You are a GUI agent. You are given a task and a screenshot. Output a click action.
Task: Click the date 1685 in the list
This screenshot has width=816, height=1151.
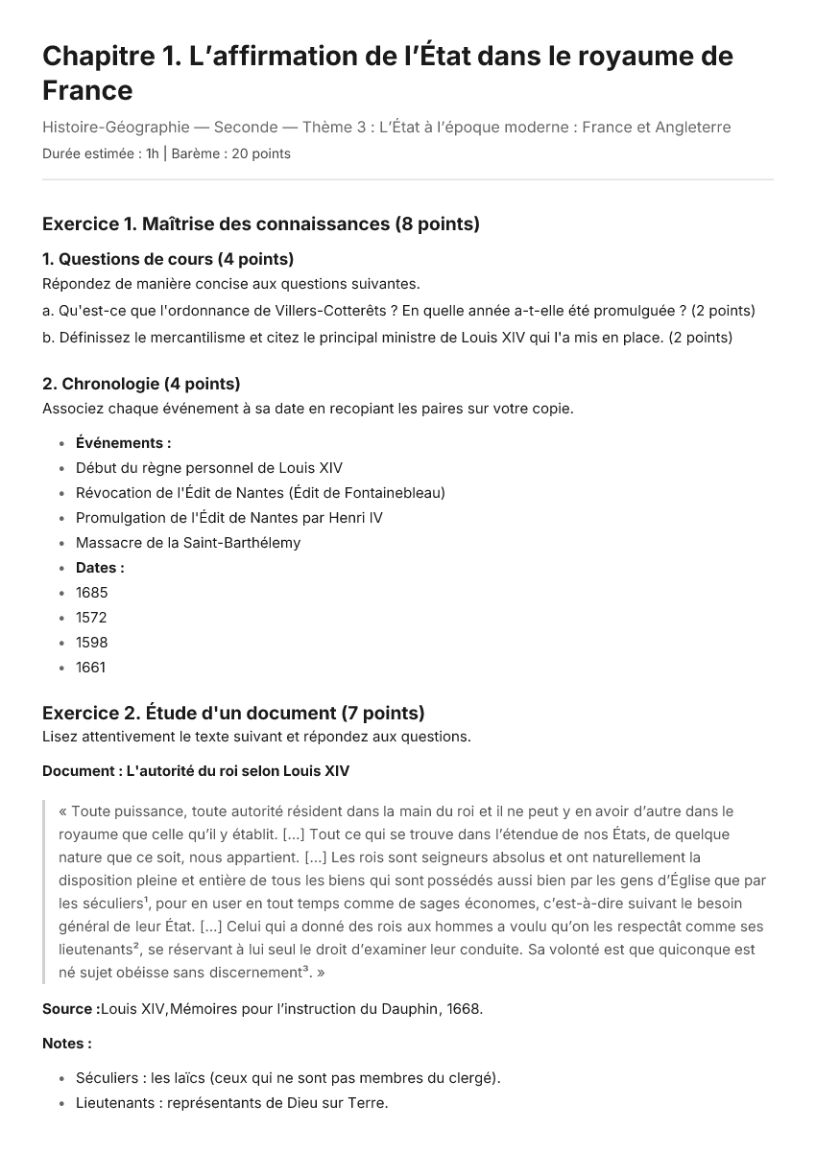[x=91, y=593]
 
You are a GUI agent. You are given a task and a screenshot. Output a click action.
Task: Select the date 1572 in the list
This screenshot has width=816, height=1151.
[x=91, y=618]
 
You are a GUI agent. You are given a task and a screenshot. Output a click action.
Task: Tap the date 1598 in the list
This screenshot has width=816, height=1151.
[x=91, y=643]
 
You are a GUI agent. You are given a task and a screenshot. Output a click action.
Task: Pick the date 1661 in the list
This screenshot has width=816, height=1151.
[x=90, y=668]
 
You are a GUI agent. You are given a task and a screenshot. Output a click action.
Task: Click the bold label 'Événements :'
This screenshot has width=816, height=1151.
[x=123, y=443]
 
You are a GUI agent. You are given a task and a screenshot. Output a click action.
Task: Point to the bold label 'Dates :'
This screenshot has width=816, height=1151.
[x=100, y=568]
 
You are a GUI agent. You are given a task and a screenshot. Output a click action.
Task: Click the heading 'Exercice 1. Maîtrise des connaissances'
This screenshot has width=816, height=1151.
[x=260, y=224]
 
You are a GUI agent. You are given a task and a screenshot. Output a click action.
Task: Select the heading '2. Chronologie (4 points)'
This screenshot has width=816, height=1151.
[x=141, y=384]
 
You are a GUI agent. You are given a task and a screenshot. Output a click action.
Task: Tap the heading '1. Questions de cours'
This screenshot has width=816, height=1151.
[x=168, y=259]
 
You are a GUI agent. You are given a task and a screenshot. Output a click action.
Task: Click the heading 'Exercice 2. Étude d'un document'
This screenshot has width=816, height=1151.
[x=233, y=713]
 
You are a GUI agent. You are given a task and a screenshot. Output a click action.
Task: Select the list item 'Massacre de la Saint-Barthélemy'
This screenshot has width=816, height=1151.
[x=188, y=543]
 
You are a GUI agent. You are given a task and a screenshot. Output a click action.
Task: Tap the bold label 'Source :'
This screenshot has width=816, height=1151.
[x=70, y=1009]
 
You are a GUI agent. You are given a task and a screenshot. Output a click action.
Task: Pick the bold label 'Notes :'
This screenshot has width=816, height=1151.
[x=67, y=1043]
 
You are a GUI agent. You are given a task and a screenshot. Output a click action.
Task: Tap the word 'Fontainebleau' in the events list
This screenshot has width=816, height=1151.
[x=394, y=493]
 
